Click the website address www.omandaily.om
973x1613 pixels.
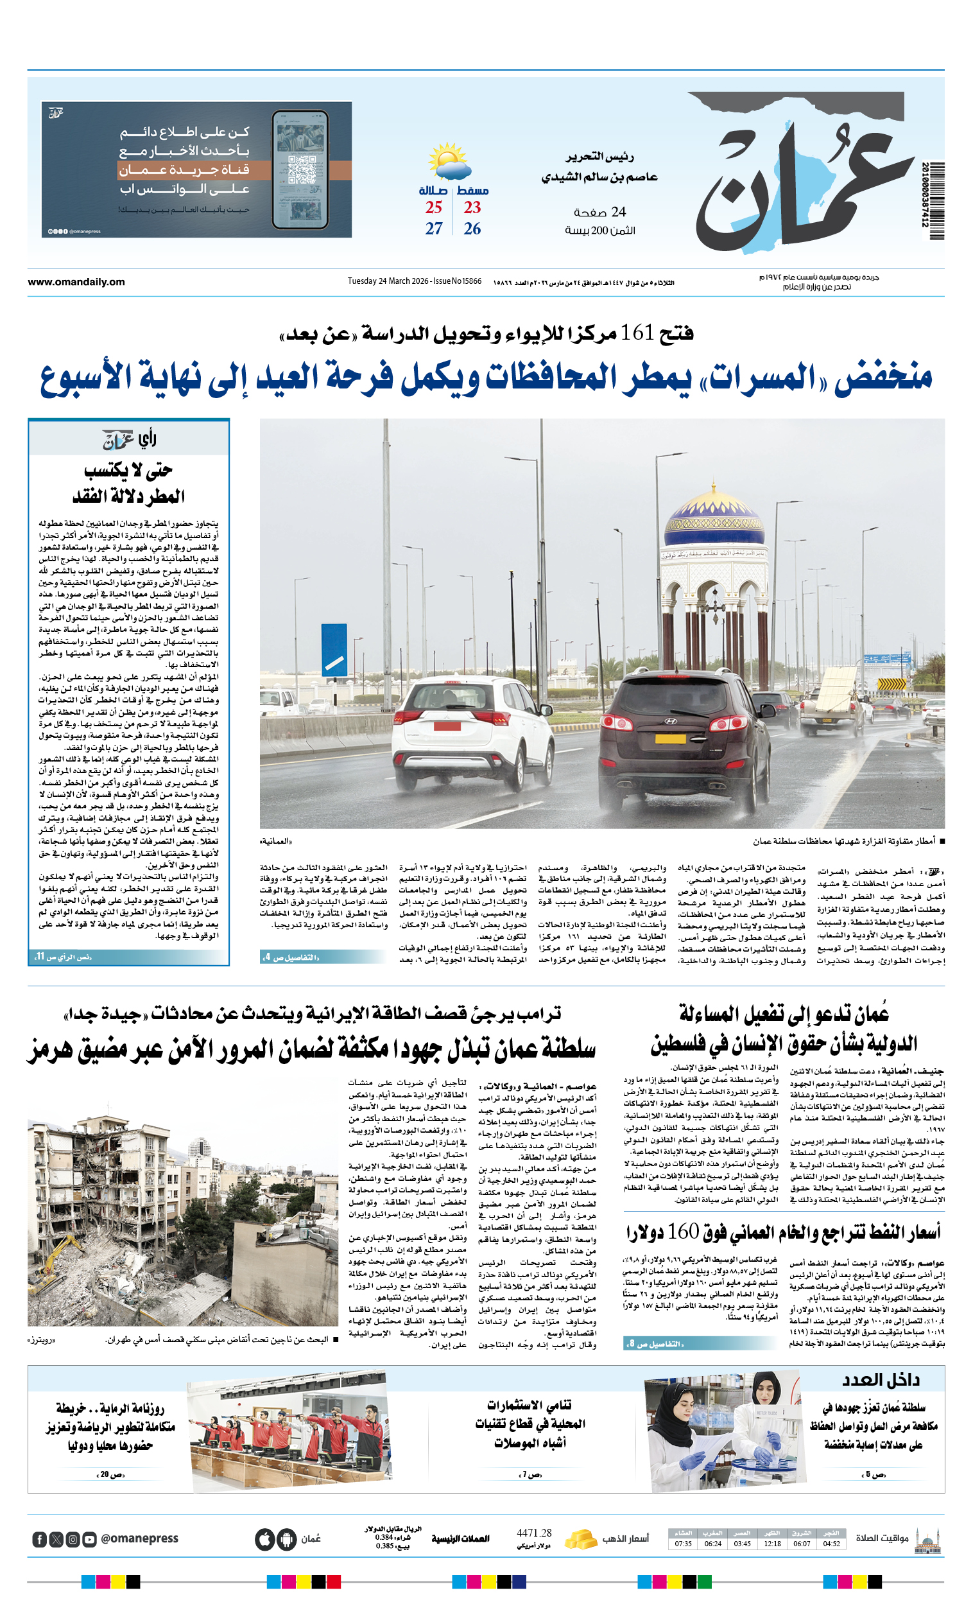(x=76, y=282)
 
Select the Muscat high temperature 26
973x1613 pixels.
(x=472, y=229)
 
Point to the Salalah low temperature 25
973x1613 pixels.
(x=433, y=207)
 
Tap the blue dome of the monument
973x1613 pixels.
(x=714, y=524)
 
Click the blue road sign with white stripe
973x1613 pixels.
(x=334, y=649)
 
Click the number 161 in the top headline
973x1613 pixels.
(x=637, y=333)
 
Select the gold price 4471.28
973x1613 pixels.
(x=534, y=1533)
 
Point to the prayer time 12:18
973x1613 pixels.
(x=772, y=1544)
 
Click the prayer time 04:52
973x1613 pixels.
(x=831, y=1544)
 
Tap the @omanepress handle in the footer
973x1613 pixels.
(x=139, y=1539)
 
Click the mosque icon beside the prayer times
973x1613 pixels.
(x=927, y=1540)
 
